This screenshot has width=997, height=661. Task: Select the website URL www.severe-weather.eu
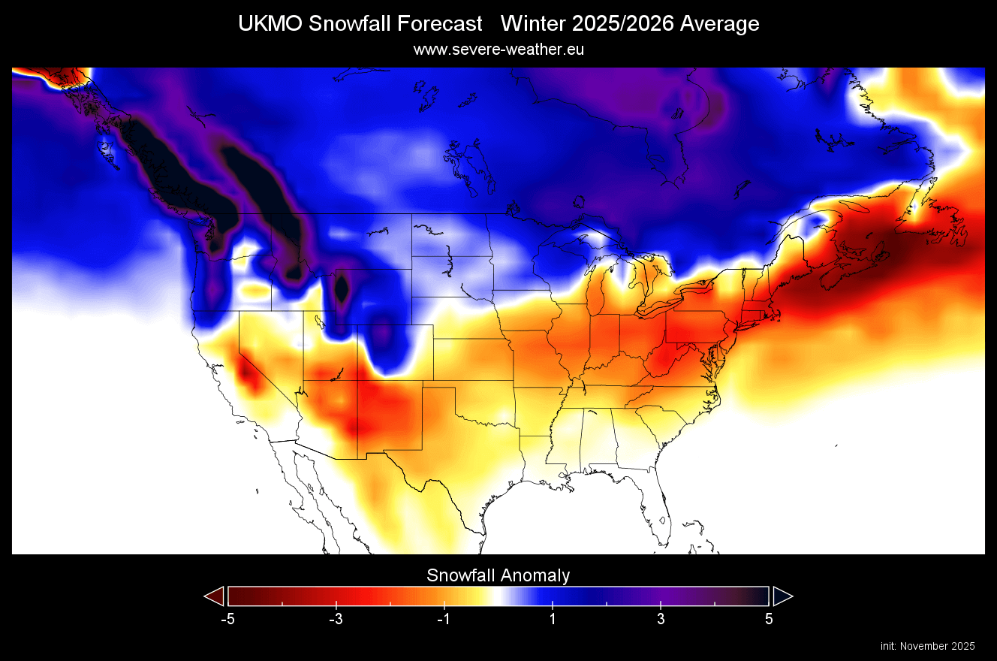pyautogui.click(x=498, y=50)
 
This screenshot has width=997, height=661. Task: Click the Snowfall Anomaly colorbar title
pyautogui.click(x=498, y=575)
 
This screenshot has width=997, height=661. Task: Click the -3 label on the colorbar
pyautogui.click(x=336, y=620)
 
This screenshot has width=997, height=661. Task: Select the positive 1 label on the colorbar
pyautogui.click(x=553, y=620)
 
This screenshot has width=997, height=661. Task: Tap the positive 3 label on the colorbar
pyautogui.click(x=661, y=620)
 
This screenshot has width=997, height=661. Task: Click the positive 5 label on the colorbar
pyautogui.click(x=769, y=620)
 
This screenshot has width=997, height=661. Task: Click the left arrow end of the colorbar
pyautogui.click(x=215, y=596)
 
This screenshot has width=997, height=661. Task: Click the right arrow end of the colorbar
pyautogui.click(x=782, y=596)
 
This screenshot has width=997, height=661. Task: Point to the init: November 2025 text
pyautogui.click(x=927, y=646)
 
